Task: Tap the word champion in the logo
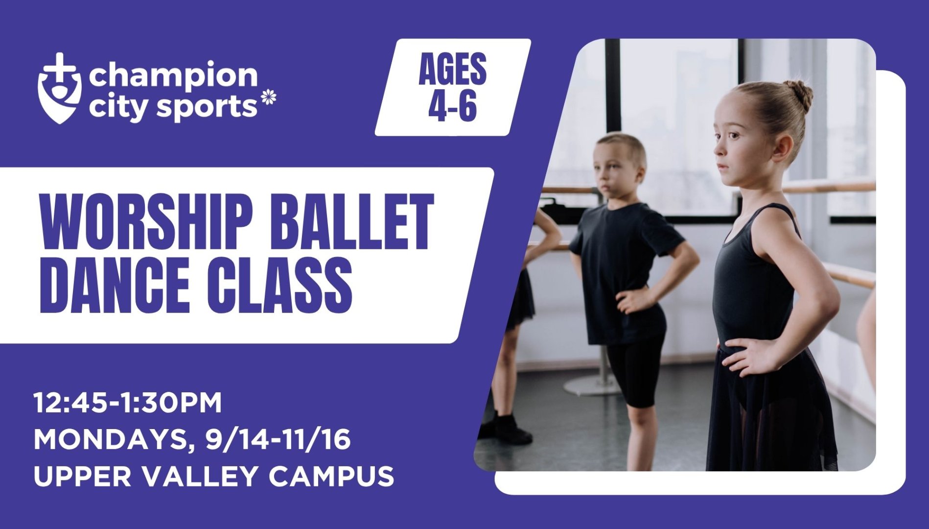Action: [173, 76]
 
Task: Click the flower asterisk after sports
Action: [269, 97]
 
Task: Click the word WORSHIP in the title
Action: [144, 222]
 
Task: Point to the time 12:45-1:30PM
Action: [128, 403]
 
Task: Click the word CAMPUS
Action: [331, 476]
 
